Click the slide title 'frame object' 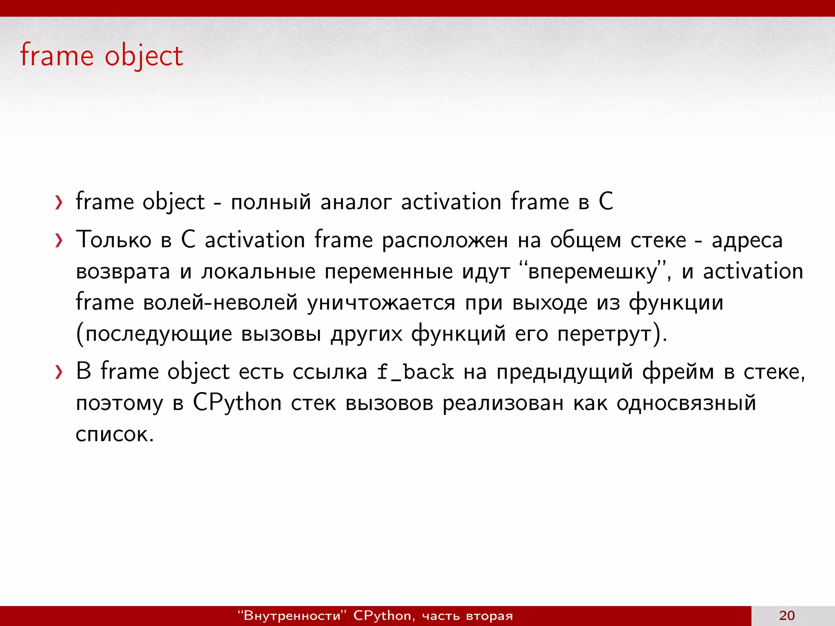click(102, 56)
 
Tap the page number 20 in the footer click(786, 615)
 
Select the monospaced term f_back click(415, 372)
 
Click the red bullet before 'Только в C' click(59, 240)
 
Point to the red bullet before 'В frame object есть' click(59, 372)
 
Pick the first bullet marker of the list click(59, 203)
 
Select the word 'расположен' click(445, 240)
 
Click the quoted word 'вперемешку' click(592, 272)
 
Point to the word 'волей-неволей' click(220, 303)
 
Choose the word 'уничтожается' click(381, 303)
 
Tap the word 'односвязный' click(686, 403)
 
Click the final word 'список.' click(115, 434)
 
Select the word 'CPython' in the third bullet click(237, 403)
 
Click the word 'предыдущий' click(565, 372)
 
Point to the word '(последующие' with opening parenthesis click(154, 334)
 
